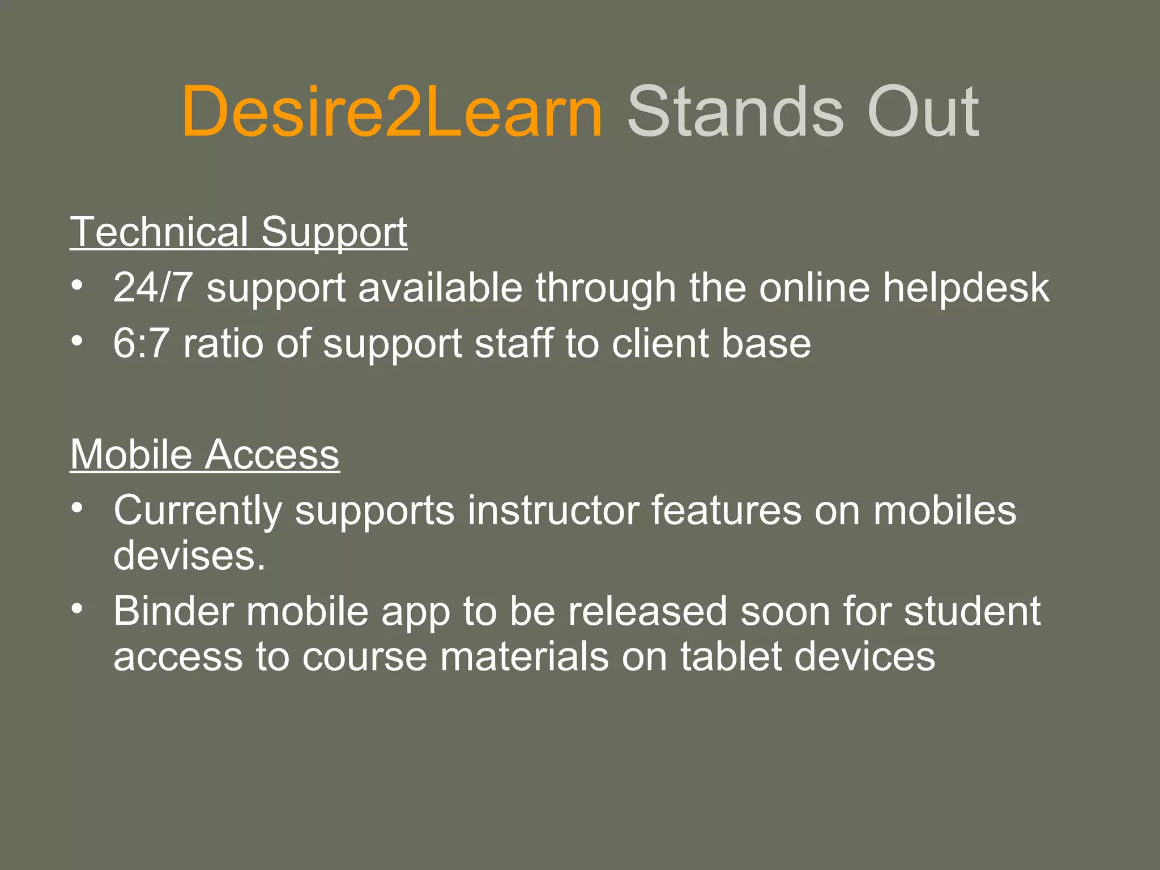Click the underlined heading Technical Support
pyautogui.click(x=238, y=232)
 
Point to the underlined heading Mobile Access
pyautogui.click(x=204, y=454)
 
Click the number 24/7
pyautogui.click(x=152, y=287)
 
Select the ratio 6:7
pyautogui.click(x=141, y=343)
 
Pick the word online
pyautogui.click(x=814, y=287)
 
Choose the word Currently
pyautogui.click(x=197, y=511)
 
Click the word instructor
pyautogui.click(x=553, y=510)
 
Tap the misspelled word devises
pyautogui.click(x=189, y=555)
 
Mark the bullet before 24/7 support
pyautogui.click(x=78, y=284)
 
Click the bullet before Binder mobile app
pyautogui.click(x=78, y=608)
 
